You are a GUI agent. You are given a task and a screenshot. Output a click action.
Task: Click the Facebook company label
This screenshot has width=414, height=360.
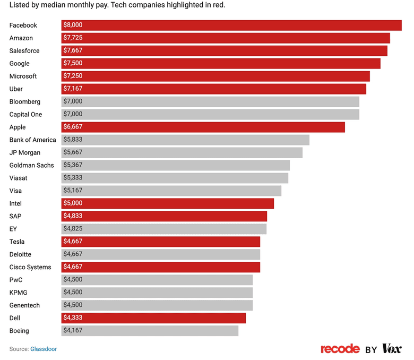point(23,25)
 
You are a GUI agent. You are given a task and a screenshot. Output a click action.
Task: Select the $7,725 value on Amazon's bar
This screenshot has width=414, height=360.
point(73,38)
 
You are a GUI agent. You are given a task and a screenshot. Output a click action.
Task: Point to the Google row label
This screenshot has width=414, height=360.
point(20,64)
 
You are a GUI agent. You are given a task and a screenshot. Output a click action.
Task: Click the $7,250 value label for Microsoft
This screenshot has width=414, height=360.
point(73,76)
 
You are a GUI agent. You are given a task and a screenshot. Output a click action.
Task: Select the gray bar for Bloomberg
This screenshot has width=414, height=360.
point(212,102)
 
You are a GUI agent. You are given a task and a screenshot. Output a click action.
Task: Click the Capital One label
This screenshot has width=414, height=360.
point(25,115)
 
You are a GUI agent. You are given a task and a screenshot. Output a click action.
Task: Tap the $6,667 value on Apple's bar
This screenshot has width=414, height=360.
point(73,127)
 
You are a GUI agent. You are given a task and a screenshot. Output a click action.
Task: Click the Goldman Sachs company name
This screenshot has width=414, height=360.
point(32,166)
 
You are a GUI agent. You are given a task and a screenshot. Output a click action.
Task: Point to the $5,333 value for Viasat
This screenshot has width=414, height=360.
point(73,178)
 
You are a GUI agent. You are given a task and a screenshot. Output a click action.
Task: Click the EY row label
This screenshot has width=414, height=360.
point(13,229)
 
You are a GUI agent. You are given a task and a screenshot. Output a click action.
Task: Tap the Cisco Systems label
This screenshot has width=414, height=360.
point(30,267)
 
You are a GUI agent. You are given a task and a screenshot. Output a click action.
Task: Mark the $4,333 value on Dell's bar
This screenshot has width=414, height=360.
point(73,318)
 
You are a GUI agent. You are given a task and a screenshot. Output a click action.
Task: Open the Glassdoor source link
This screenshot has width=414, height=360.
point(44,349)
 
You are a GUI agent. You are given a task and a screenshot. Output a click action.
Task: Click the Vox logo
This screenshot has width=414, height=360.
point(392,349)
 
